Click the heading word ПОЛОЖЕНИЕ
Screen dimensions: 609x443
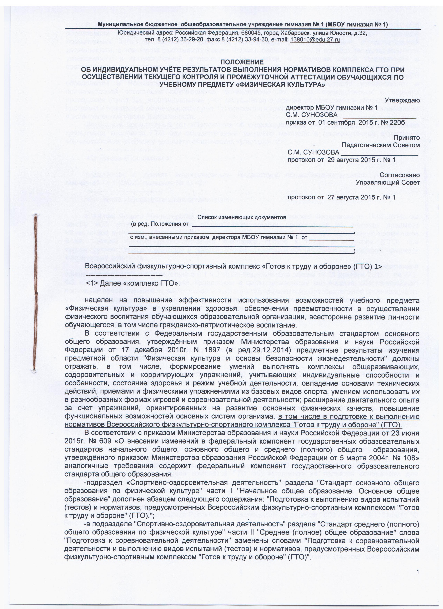tap(241, 62)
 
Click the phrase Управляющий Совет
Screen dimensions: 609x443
tap(387, 182)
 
